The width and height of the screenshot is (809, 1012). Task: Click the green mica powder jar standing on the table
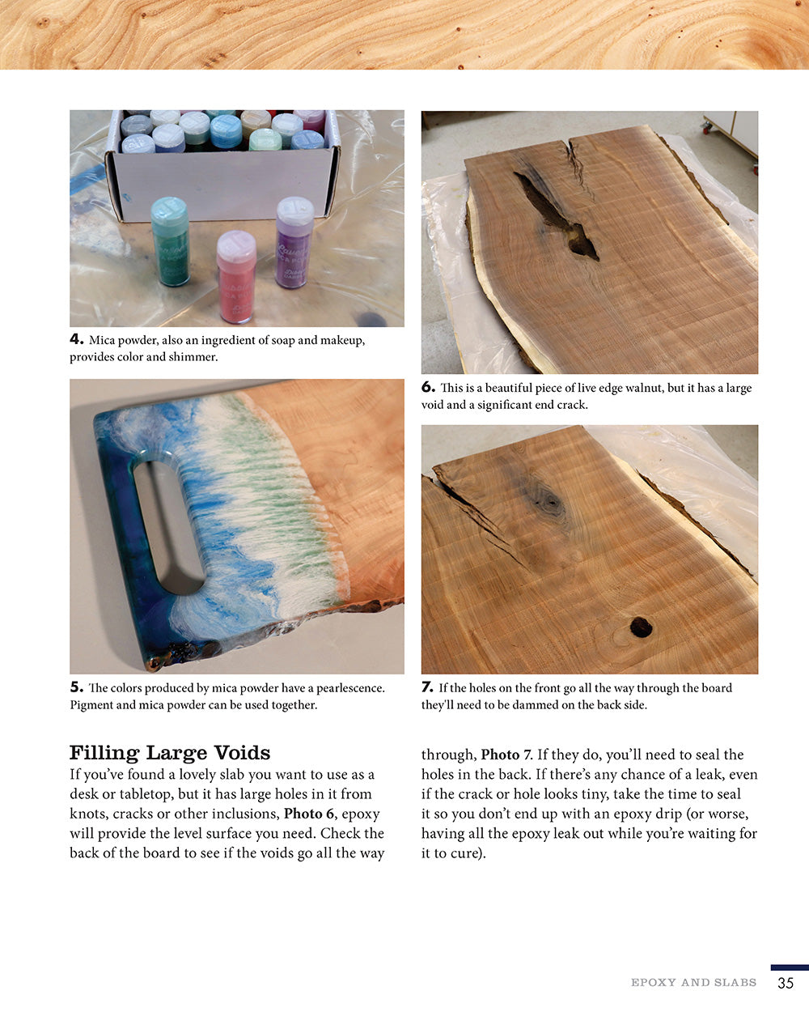170,241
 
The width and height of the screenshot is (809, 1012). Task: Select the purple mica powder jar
294,242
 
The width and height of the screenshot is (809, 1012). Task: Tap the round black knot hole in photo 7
642,626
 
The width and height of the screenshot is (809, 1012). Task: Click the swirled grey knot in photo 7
550,501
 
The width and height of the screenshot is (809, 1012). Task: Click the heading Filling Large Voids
170,753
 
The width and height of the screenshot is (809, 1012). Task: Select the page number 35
785,984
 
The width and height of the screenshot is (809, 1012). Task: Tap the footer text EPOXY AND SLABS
693,983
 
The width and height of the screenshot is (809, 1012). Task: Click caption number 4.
76,340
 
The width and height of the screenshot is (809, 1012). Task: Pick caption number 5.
76,687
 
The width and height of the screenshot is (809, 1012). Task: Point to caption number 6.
428,388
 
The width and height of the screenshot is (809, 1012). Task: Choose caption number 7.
428,687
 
